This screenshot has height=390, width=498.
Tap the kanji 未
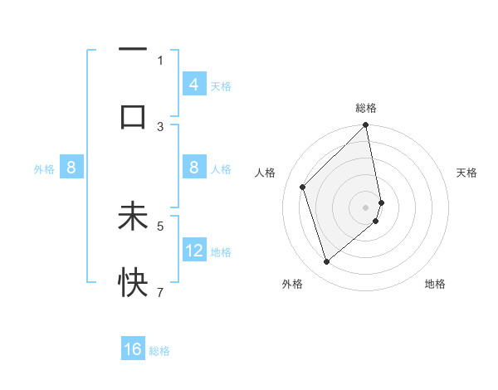click(x=133, y=217)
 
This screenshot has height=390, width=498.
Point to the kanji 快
click(x=133, y=284)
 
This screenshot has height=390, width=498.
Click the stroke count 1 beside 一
click(x=160, y=60)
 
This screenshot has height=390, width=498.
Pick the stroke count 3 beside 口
click(x=160, y=126)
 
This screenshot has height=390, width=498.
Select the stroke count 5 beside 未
click(x=160, y=225)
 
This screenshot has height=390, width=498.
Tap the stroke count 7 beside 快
click(x=160, y=292)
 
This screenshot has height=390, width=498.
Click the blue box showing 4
click(x=194, y=85)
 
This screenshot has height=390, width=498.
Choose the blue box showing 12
click(x=194, y=251)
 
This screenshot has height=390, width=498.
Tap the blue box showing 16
click(x=133, y=349)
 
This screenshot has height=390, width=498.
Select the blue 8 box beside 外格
click(x=71, y=168)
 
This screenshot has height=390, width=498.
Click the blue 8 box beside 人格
click(x=194, y=168)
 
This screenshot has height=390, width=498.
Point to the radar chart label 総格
click(x=366, y=108)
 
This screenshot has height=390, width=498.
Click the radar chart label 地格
click(x=435, y=284)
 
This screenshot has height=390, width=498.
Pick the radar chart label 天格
click(x=467, y=173)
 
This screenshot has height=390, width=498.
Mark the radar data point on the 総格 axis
click(x=366, y=126)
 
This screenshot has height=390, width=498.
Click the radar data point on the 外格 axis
click(x=326, y=262)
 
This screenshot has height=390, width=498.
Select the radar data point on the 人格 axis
click(x=303, y=187)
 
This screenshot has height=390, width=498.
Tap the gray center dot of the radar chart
click(x=366, y=207)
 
